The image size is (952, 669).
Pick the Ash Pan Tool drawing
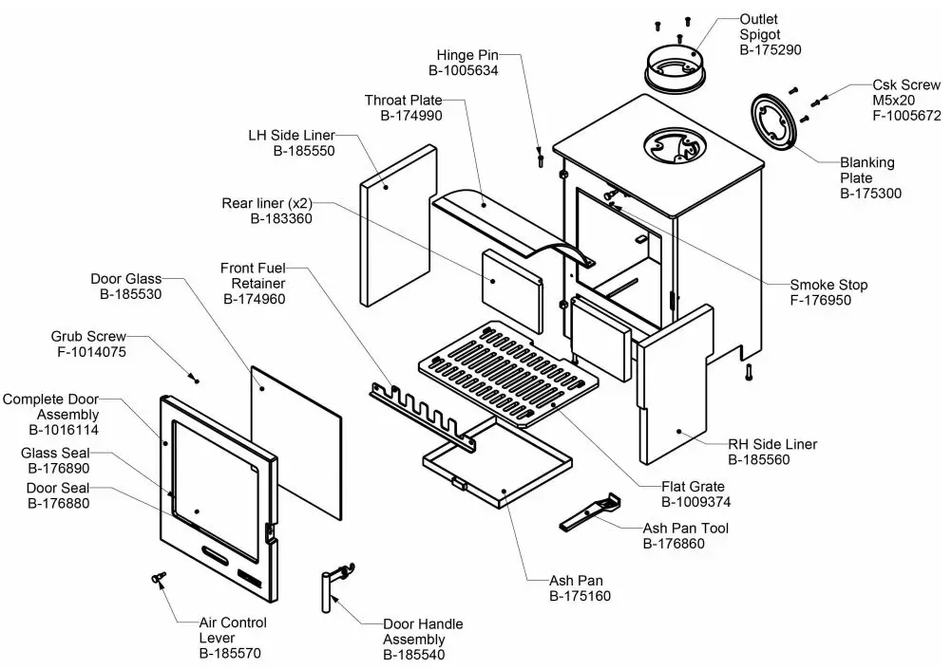pyautogui.click(x=589, y=512)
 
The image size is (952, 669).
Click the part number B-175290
pyautogui.click(x=771, y=49)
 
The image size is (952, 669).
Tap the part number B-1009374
pyautogui.click(x=697, y=502)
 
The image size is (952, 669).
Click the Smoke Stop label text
pyautogui.click(x=828, y=285)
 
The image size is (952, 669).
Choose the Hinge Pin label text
pyautogui.click(x=467, y=56)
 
